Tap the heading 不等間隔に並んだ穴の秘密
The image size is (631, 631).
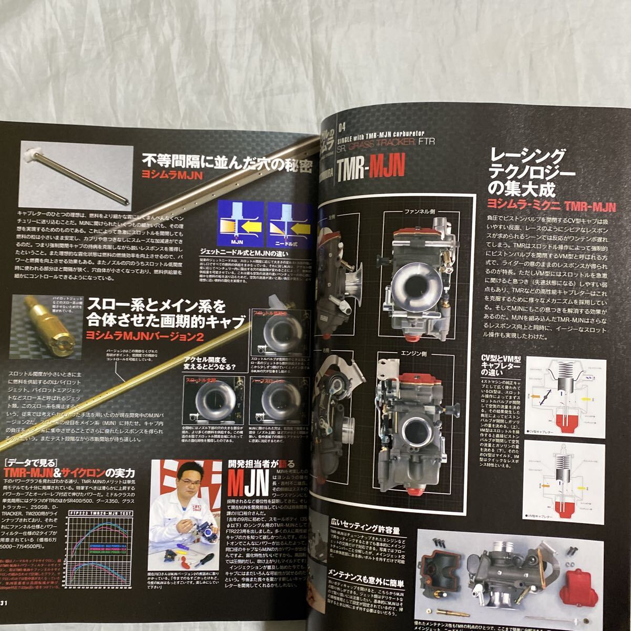pos(228,161)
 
